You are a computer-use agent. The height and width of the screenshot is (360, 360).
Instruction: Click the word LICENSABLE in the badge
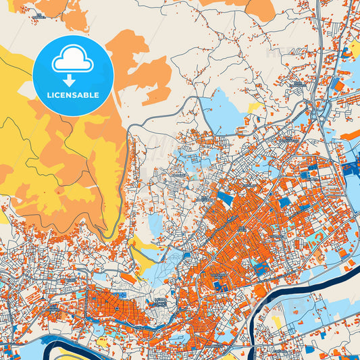pos(72,95)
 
